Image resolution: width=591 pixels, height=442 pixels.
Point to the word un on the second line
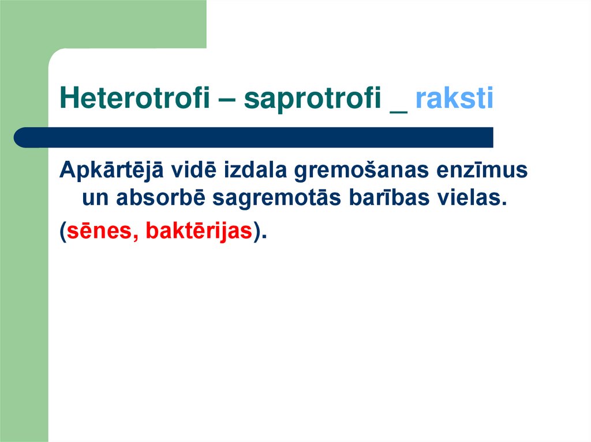[x=95, y=198]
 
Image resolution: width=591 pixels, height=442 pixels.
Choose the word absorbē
[x=162, y=198]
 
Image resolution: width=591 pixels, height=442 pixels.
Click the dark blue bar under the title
[x=260, y=138]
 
